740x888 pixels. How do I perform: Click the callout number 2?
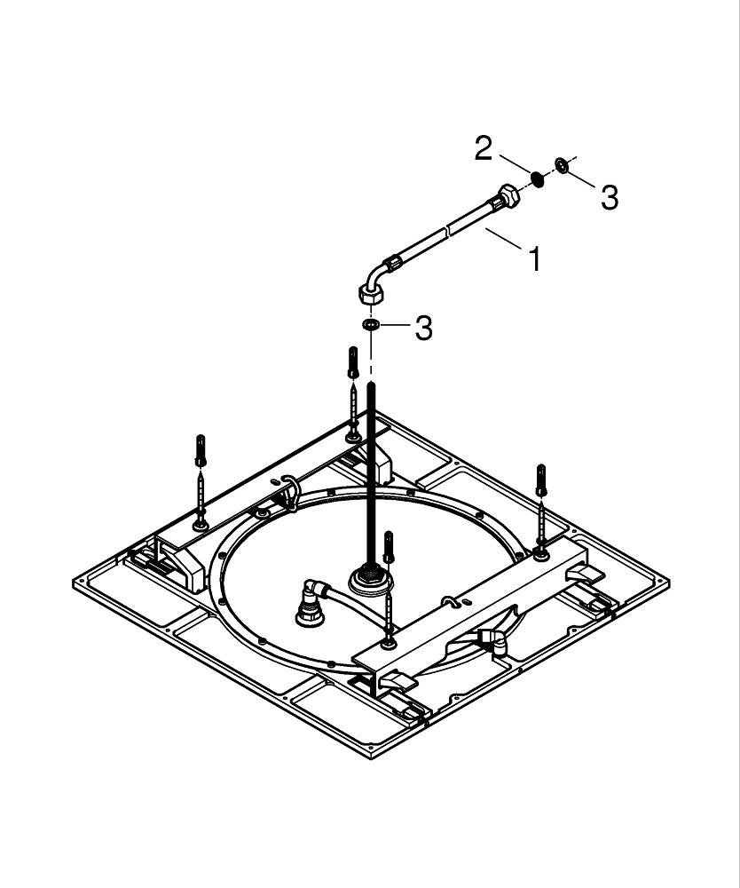pyautogui.click(x=483, y=149)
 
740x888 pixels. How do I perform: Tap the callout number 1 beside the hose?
pyautogui.click(x=534, y=259)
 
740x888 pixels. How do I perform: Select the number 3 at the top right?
pyautogui.click(x=609, y=198)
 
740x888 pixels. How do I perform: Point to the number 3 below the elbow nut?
pyautogui.click(x=424, y=328)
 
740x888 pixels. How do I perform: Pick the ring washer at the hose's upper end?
pyautogui.click(x=563, y=164)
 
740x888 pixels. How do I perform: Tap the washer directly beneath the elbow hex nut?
pyautogui.click(x=372, y=324)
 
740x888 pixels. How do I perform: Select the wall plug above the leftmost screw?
pyautogui.click(x=201, y=449)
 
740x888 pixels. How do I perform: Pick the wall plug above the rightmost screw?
pyautogui.click(x=541, y=480)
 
